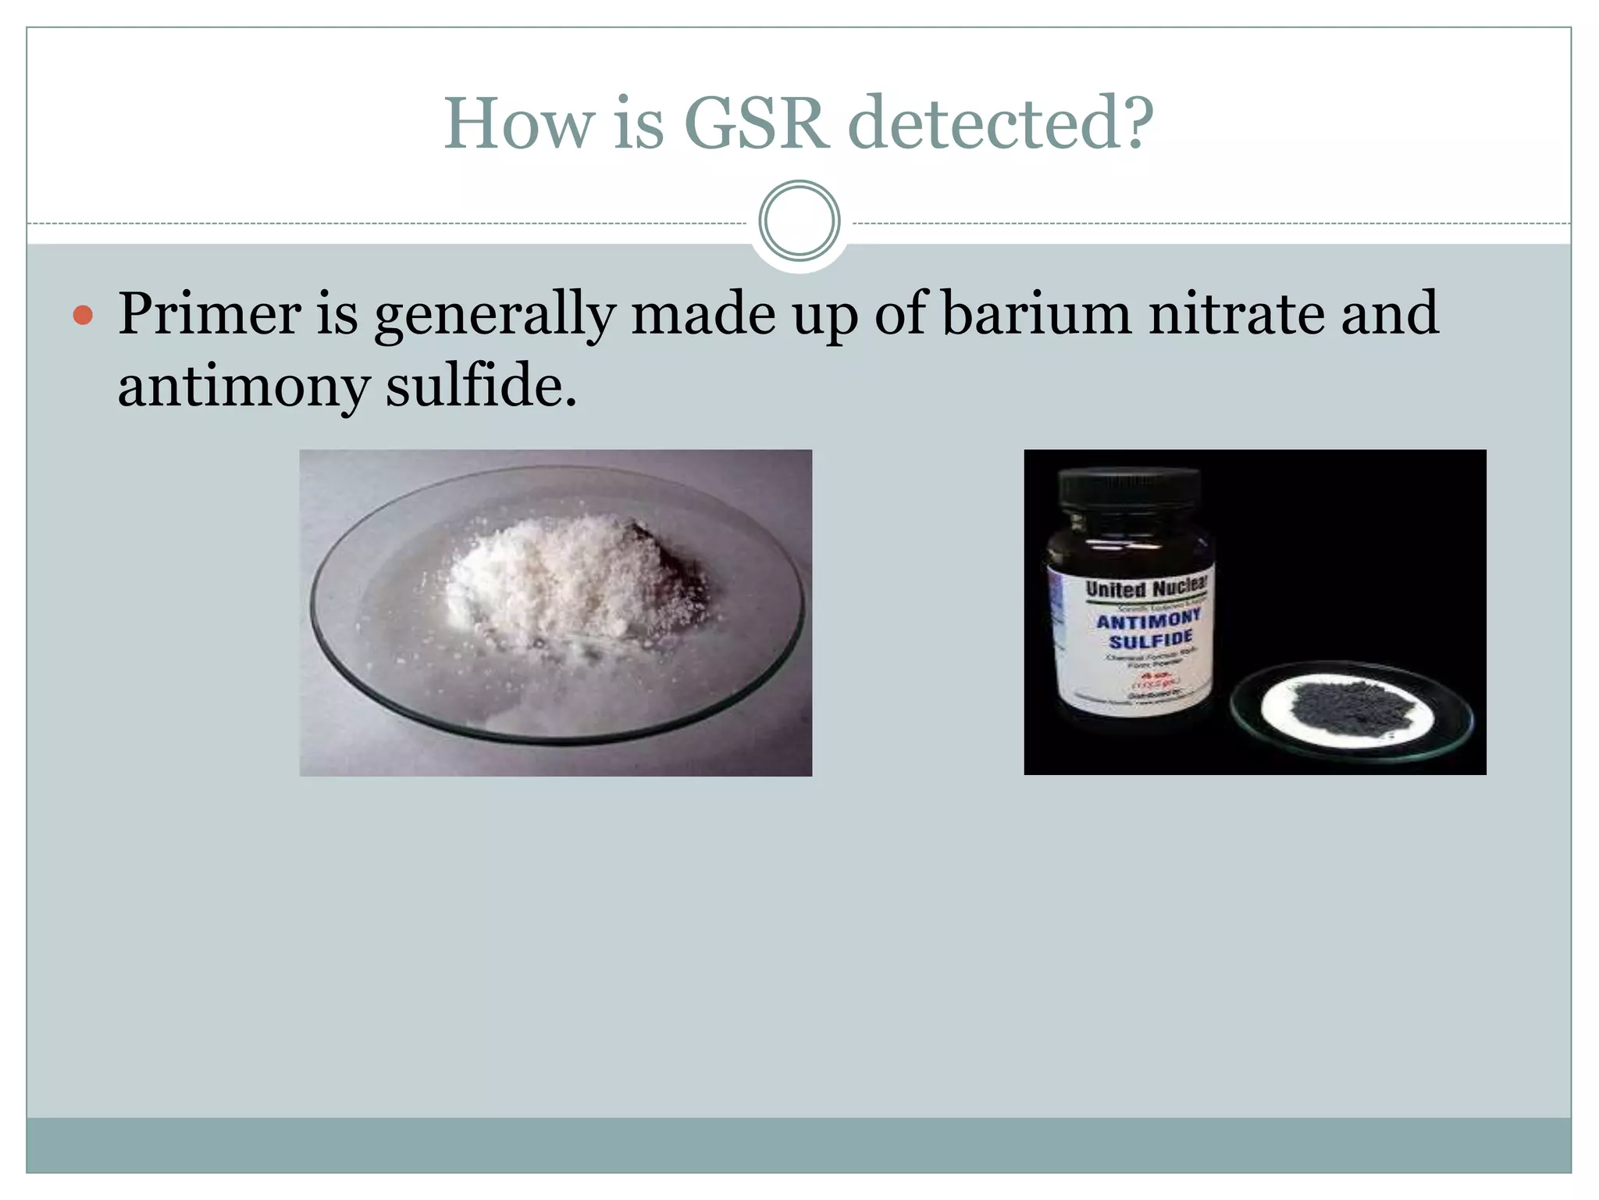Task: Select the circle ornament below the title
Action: point(799,221)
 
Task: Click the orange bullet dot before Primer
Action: point(83,316)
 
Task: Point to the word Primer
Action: point(209,314)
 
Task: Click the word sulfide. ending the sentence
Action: point(481,386)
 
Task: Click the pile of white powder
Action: point(562,578)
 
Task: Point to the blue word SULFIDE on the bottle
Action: point(1150,641)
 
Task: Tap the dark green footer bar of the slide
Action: point(799,1145)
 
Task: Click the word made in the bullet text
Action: point(703,314)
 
